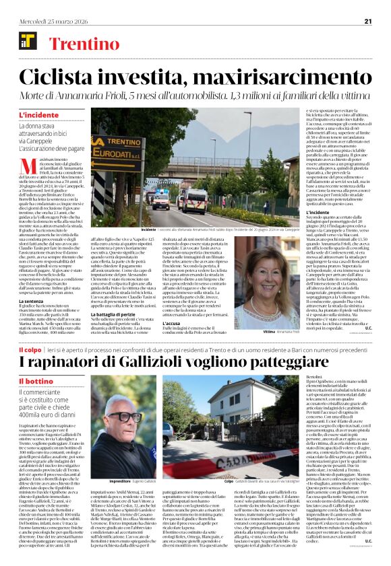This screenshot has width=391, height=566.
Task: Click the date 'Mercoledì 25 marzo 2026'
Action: coord(45,21)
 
